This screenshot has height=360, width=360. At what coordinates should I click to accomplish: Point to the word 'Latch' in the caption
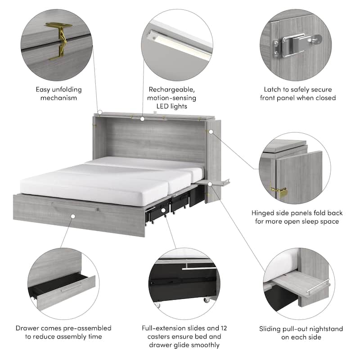(x=268, y=89)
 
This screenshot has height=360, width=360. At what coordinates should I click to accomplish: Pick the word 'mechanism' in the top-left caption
(x=58, y=98)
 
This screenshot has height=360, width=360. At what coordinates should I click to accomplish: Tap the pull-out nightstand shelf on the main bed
(x=215, y=182)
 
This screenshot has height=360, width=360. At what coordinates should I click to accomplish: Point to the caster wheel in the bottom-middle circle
(x=207, y=301)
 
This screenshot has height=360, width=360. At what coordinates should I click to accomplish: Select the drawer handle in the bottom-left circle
(x=72, y=287)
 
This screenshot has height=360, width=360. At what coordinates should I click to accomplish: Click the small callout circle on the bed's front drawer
(x=73, y=216)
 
